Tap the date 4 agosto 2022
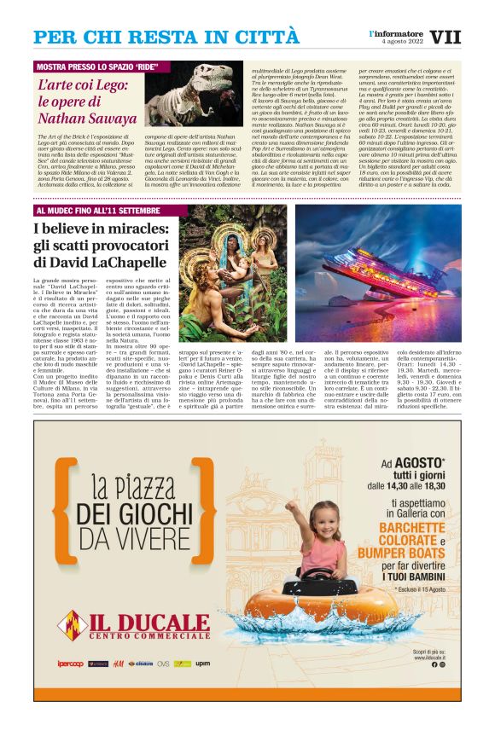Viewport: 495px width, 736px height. click(402, 42)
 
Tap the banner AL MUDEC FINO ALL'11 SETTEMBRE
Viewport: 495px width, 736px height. click(96, 211)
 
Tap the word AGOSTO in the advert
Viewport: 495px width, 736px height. click(418, 463)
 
